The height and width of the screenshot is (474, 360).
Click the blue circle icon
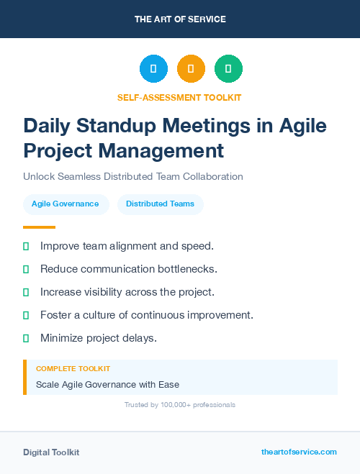pos(153,69)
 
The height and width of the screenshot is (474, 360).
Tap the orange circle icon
pos(191,69)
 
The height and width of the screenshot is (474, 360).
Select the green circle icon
pos(228,69)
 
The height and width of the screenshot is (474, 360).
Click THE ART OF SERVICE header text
pos(180,19)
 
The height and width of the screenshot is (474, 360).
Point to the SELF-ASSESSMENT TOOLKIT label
pos(179,97)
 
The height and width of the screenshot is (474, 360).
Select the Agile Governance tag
pos(65,204)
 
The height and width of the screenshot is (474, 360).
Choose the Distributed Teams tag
pos(160,204)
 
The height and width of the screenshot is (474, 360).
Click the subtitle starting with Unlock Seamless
pos(132,176)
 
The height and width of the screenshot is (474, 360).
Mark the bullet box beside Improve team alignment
pos(26,246)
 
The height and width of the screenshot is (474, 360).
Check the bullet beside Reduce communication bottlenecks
pos(26,269)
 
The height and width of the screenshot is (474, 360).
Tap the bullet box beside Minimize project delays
pos(26,338)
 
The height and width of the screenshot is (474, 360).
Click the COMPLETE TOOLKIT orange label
pos(73,368)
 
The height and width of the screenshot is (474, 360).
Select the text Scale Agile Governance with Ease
pos(107,384)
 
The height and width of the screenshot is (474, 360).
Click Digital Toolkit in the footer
pos(51,452)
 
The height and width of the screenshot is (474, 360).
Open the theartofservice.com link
pos(299,452)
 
